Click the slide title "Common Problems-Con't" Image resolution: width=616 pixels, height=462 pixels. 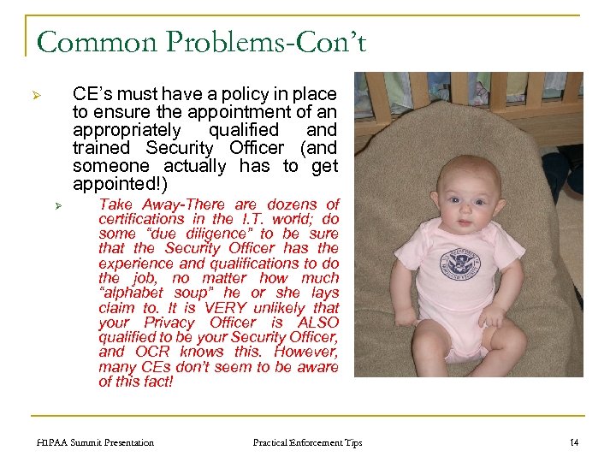click(x=201, y=41)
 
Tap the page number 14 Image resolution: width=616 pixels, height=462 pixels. click(x=574, y=442)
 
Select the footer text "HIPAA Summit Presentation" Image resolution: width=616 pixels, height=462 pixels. click(x=96, y=442)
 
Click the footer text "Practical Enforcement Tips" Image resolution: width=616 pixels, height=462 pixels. click(x=307, y=442)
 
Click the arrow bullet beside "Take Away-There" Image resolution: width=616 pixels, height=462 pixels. click(x=59, y=205)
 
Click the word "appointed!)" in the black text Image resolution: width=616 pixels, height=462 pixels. click(x=121, y=184)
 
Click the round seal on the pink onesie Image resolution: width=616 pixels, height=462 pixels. click(x=459, y=263)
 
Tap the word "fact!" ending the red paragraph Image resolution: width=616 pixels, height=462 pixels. click(x=155, y=382)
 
